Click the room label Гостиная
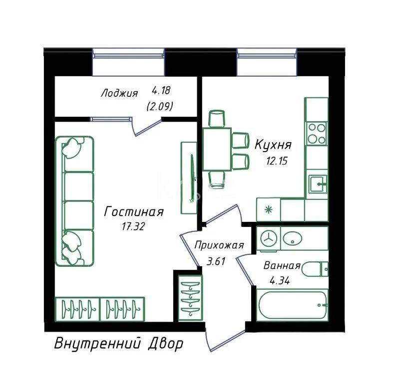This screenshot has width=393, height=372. [133, 212]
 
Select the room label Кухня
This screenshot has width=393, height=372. [273, 145]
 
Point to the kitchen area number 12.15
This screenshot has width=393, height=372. [278, 161]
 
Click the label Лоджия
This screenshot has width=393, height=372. [119, 93]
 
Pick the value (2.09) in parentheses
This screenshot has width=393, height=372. [160, 106]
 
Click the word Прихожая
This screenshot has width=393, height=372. [219, 245]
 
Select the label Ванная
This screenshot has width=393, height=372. [282, 266]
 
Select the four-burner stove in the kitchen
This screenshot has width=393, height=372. [317, 133]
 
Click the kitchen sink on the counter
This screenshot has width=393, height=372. [317, 185]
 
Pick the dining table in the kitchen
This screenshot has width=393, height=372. [217, 149]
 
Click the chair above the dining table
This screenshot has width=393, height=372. [217, 119]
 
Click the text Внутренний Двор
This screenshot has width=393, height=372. [118, 344]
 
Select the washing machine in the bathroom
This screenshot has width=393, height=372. [269, 239]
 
